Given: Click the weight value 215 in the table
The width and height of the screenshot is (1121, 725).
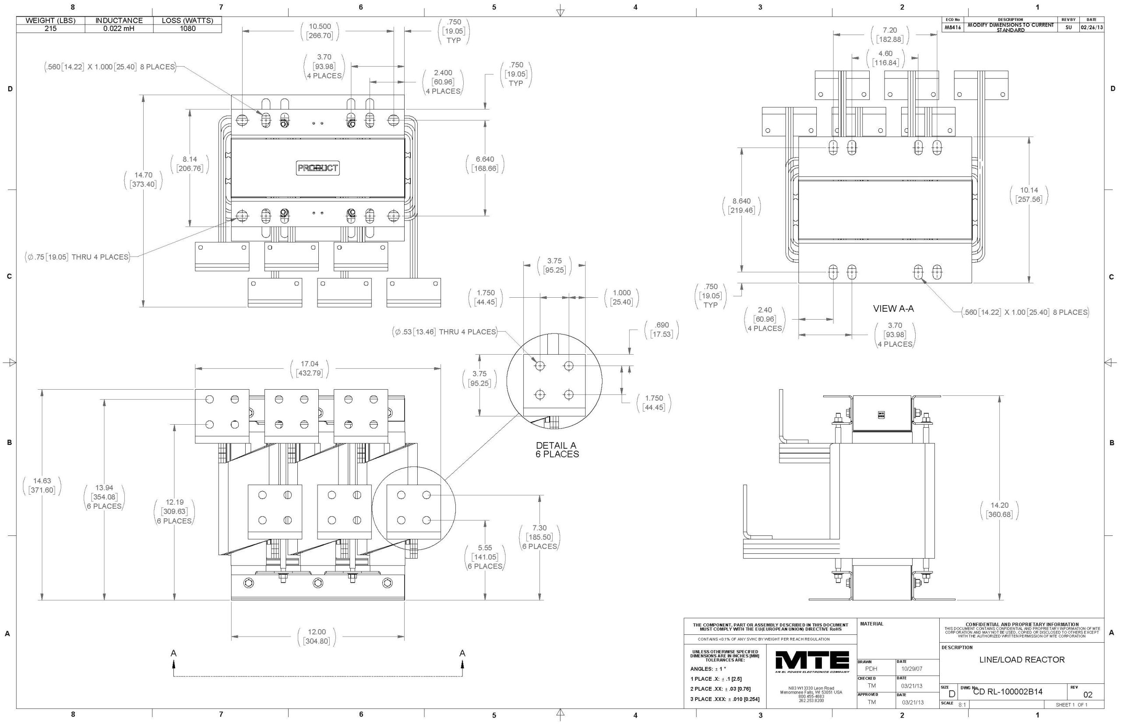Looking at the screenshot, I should click(50, 29).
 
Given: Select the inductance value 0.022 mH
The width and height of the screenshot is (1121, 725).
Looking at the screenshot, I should click(119, 29).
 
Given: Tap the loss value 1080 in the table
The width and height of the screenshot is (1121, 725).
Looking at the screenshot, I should click(187, 29).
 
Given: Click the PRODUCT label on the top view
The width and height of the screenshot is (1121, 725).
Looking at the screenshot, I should click(317, 168).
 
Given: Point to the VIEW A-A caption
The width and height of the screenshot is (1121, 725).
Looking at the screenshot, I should click(893, 309).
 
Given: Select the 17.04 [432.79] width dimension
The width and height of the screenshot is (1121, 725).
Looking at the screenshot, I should click(309, 369).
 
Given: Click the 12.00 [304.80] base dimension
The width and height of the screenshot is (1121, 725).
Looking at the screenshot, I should click(317, 637).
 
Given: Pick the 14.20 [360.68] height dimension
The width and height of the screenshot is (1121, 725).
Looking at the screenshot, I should click(999, 510).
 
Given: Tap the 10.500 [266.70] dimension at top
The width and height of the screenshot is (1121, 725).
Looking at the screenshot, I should click(320, 31).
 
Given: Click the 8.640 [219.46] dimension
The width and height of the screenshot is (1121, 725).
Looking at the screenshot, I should click(741, 206).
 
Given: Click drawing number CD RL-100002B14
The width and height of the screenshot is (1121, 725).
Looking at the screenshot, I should click(1008, 692).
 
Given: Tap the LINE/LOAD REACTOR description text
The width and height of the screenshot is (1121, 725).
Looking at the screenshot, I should click(1022, 660).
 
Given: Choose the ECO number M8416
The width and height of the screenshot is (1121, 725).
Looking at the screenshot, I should click(952, 28).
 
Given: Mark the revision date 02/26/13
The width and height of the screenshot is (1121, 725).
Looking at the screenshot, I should click(1091, 28).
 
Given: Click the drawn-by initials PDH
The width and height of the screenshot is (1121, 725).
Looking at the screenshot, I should click(871, 669).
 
